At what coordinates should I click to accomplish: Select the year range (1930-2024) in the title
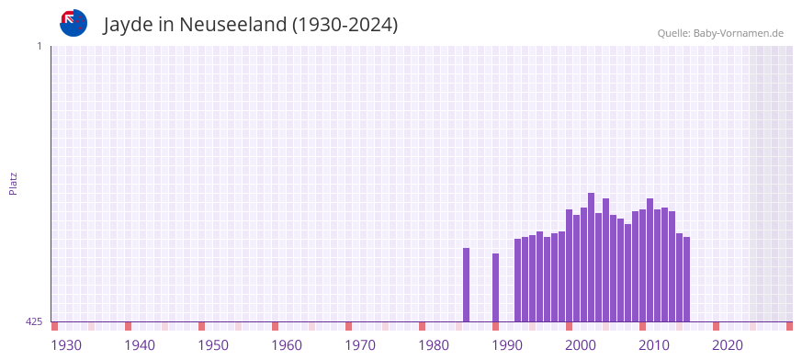click(345, 25)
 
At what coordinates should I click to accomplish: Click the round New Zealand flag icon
click(73, 23)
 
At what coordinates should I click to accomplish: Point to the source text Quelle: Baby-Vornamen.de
click(720, 33)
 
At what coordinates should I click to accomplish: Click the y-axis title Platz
click(13, 183)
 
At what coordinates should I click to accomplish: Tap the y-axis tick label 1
click(39, 46)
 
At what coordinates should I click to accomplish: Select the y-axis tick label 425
click(34, 321)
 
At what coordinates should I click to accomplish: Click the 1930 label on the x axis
click(66, 345)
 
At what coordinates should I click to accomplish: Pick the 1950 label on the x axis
click(213, 345)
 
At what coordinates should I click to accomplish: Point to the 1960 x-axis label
click(287, 345)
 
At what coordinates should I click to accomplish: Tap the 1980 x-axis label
click(434, 345)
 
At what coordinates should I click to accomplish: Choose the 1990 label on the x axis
click(507, 345)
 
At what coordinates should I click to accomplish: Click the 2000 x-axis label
click(581, 345)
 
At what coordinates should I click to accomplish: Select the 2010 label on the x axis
click(654, 345)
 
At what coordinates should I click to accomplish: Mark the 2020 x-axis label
click(728, 345)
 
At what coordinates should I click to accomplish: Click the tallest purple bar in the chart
click(592, 257)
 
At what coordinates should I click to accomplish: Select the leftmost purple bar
click(467, 285)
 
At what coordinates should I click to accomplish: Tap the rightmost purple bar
click(687, 279)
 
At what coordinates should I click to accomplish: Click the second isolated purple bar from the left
click(496, 287)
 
